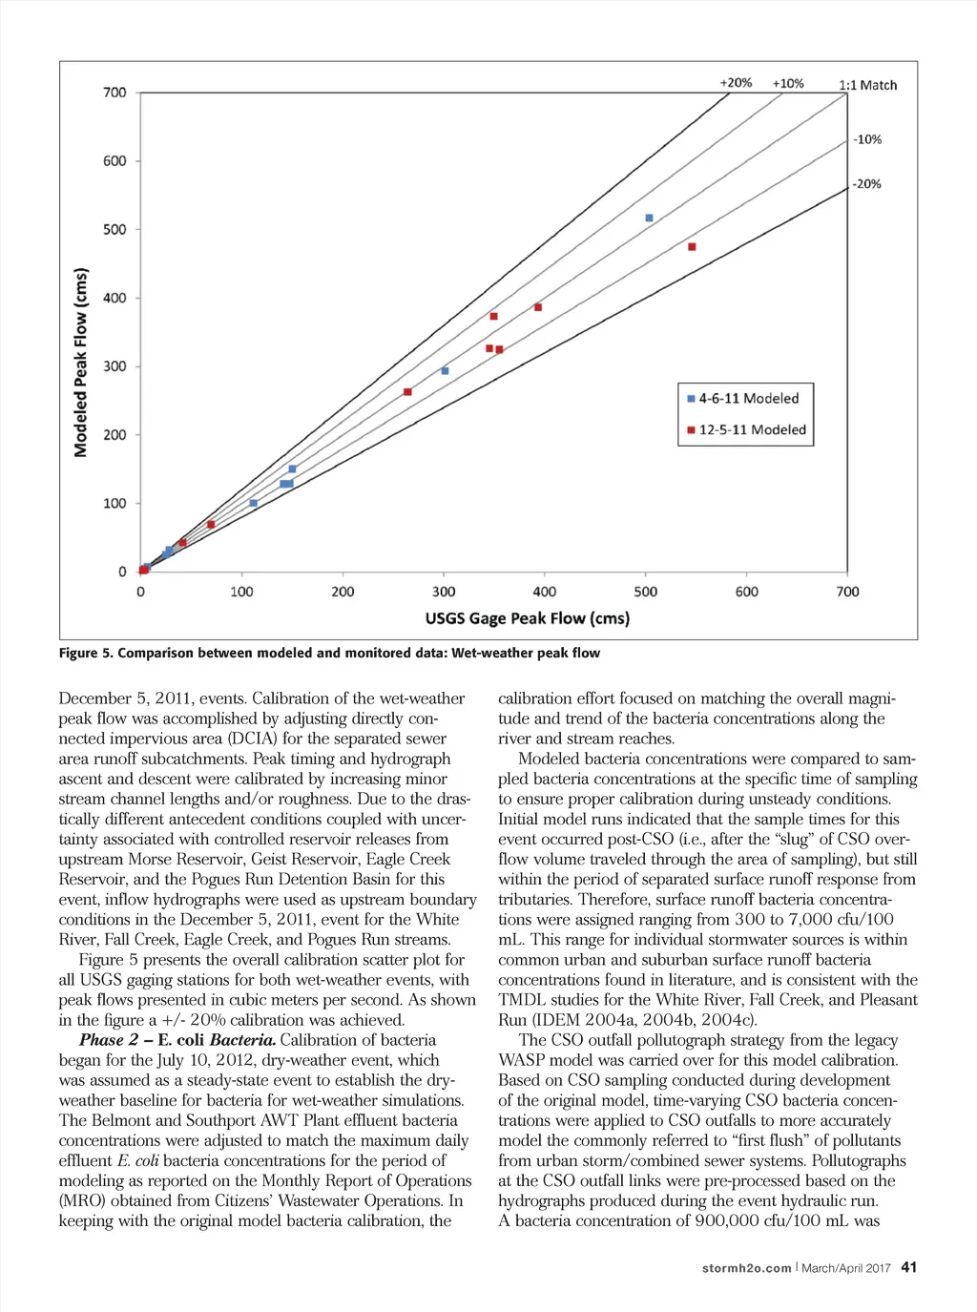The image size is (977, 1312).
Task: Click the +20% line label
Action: click(x=735, y=83)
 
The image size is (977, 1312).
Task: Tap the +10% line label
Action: click(x=787, y=84)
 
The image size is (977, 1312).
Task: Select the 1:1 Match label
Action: click(x=867, y=85)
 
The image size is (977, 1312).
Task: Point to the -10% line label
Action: click(x=866, y=139)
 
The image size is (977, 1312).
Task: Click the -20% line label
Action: click(x=866, y=184)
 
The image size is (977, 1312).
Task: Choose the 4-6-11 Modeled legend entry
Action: click(x=743, y=399)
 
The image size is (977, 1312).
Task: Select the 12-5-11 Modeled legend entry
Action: click(x=746, y=430)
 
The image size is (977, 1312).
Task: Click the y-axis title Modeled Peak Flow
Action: click(x=81, y=362)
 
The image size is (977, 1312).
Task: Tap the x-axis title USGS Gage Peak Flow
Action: click(x=527, y=618)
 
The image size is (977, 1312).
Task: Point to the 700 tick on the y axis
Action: click(x=114, y=93)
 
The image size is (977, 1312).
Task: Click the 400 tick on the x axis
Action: click(x=545, y=592)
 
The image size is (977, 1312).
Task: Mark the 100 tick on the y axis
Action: click(x=114, y=504)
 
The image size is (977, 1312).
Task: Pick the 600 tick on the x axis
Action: click(x=747, y=592)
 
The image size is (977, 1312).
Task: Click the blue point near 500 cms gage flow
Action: click(x=650, y=219)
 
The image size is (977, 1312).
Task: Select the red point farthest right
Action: click(x=692, y=247)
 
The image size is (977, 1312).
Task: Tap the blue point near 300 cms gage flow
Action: click(x=445, y=371)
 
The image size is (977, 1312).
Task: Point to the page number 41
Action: click(x=908, y=1267)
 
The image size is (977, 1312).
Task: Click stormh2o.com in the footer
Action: click(x=746, y=1268)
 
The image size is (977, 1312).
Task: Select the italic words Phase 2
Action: click(x=109, y=1040)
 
